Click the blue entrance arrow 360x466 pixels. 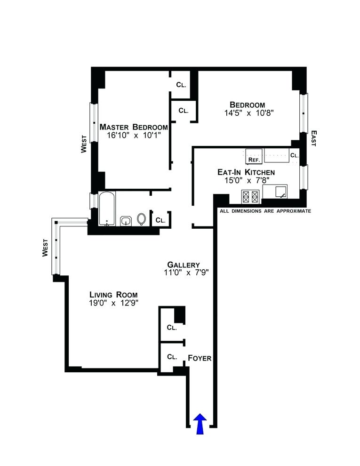(x=200, y=423)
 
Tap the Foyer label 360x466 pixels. (x=200, y=358)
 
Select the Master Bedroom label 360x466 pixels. (x=134, y=127)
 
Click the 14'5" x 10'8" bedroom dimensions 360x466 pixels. (x=248, y=113)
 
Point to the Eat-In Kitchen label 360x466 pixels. (x=246, y=172)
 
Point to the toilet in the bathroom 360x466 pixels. (x=142, y=219)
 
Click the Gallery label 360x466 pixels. (x=184, y=265)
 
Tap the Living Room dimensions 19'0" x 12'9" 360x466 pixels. (x=113, y=303)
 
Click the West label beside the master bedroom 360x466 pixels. (x=84, y=145)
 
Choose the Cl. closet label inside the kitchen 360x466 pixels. (x=294, y=155)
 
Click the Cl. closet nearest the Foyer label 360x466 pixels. (x=172, y=356)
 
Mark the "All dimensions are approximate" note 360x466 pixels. (x=265, y=211)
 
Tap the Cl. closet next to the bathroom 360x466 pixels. (x=160, y=220)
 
